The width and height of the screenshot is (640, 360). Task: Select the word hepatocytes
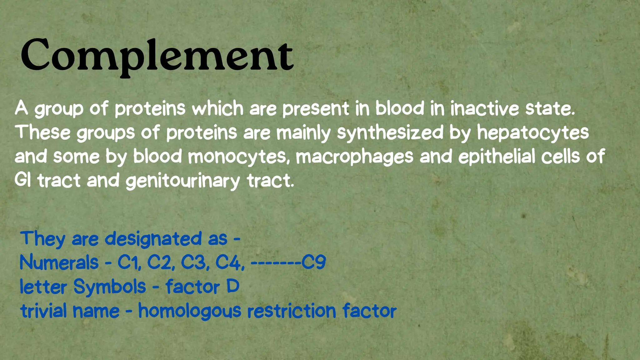tap(533, 132)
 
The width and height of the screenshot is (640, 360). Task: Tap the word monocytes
tap(238, 157)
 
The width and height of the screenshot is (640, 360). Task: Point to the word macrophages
tap(355, 157)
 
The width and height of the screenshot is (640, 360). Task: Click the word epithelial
tap(497, 157)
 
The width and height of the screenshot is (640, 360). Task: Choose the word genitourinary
tap(183, 181)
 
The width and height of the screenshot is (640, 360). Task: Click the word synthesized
tap(390, 132)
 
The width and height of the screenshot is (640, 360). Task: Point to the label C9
tap(314, 262)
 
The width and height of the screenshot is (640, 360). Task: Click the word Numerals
tap(59, 262)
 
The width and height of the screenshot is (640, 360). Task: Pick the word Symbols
tap(110, 287)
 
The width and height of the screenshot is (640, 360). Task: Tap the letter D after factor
tap(233, 286)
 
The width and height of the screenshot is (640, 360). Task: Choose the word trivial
tap(43, 311)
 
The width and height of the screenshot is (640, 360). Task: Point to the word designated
tap(153, 239)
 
